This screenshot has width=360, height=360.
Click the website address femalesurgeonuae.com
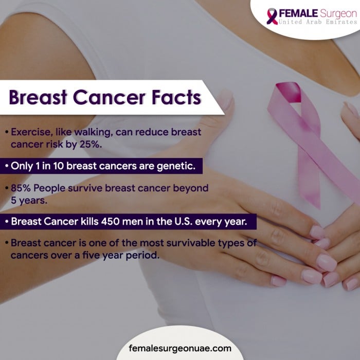(x=179, y=348)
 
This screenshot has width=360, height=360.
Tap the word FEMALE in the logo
(x=296, y=12)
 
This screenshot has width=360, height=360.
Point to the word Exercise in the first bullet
(x=31, y=132)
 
